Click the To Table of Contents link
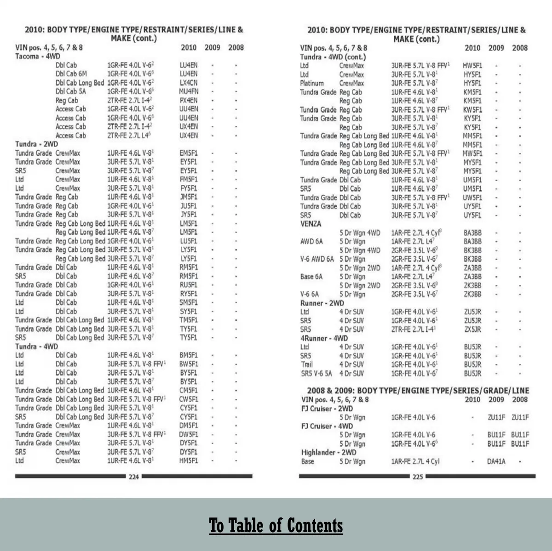(276, 525)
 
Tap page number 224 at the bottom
(133, 477)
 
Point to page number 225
(417, 477)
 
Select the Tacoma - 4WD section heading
(38, 56)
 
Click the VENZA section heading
(311, 224)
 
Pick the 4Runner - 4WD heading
(324, 338)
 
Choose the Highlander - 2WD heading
(328, 452)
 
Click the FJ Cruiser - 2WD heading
(327, 409)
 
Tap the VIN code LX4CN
(189, 83)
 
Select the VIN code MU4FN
(189, 91)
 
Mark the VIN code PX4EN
(189, 100)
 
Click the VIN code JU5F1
(189, 206)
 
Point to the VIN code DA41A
(496, 461)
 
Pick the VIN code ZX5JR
(472, 329)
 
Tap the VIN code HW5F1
(472, 66)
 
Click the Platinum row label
(312, 83)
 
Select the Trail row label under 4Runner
(307, 364)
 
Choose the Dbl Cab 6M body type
(71, 74)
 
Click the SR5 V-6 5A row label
(316, 374)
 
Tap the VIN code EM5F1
(189, 153)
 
